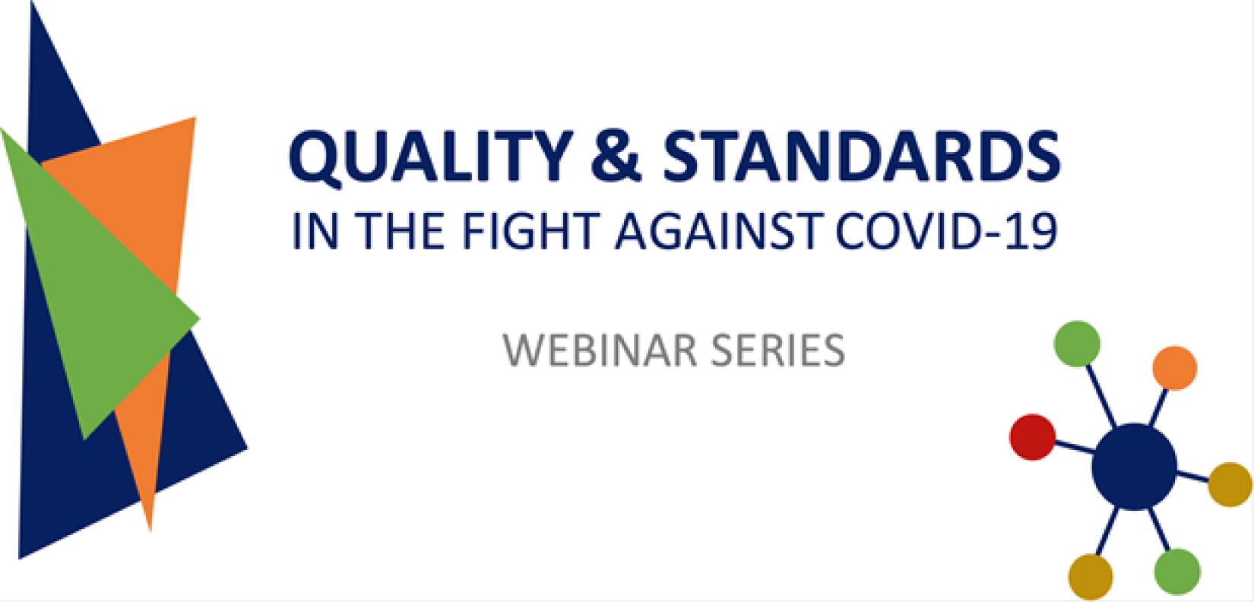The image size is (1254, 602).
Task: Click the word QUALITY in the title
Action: (431, 157)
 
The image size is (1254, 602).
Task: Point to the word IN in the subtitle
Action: (315, 231)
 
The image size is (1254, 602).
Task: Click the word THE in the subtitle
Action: (400, 231)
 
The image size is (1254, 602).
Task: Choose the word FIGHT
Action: (530, 231)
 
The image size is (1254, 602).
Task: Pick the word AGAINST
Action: (719, 231)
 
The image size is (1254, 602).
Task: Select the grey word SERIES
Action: (778, 350)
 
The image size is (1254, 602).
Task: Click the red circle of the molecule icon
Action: (1032, 437)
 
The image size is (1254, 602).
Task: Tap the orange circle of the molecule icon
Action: (1174, 368)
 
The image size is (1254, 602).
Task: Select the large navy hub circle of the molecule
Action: (1134, 467)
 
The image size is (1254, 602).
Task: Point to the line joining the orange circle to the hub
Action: (1159, 407)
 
